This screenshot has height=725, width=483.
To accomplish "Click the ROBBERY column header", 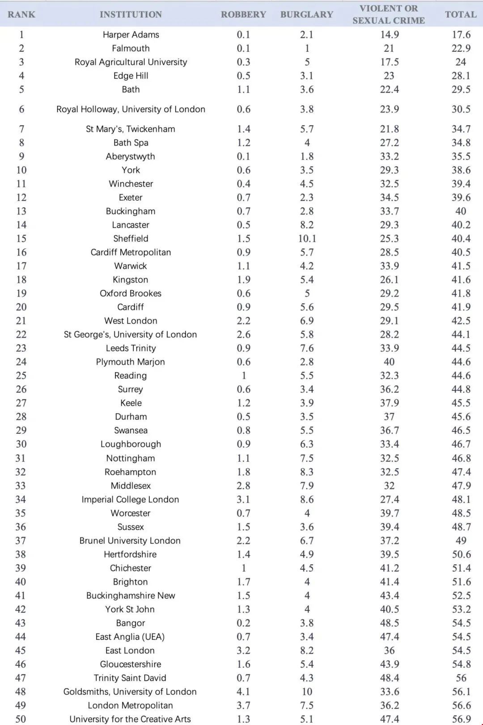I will pos(243,14).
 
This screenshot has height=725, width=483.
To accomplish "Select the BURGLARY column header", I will pos(307,14).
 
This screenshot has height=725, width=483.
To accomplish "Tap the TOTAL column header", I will pos(461,14).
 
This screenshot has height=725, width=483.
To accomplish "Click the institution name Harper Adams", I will pos(131,34).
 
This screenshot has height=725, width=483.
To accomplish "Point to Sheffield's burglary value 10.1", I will pos(307,239).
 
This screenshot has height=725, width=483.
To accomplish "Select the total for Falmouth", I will pos(461,48).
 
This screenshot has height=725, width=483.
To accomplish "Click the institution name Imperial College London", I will pos(130,499).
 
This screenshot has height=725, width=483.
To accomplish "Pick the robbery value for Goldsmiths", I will pos(243,691).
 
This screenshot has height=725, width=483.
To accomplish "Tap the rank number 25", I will pos(21,376).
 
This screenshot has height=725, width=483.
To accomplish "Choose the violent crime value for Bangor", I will pos(389,623).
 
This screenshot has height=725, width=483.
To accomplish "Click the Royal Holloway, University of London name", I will pos(131,109).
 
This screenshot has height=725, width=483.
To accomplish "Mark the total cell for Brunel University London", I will pos(461,541).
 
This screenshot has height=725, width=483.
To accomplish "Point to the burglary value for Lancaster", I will pos(307,225).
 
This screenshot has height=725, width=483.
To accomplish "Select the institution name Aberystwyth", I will pos(131,156).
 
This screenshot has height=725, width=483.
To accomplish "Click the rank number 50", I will pos(21,719).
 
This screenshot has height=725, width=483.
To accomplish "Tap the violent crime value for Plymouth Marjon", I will pos(389,362).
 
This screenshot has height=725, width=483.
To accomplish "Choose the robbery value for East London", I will pos(243,650).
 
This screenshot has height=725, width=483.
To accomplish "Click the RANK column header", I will pos(21,14).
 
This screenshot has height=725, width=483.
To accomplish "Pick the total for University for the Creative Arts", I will pos(461,719).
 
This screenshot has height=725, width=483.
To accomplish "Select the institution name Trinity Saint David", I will pos(130,678).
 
